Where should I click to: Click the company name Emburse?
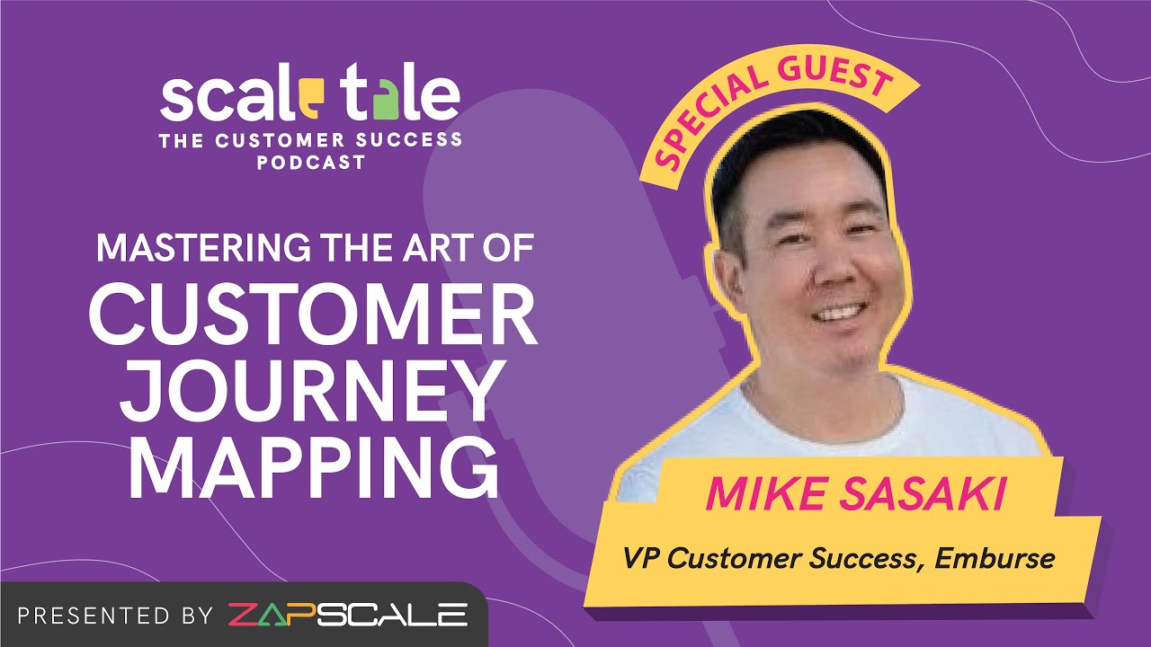[995, 558]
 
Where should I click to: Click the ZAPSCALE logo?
[348, 616]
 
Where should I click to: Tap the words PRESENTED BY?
[115, 616]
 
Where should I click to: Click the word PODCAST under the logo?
[310, 164]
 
